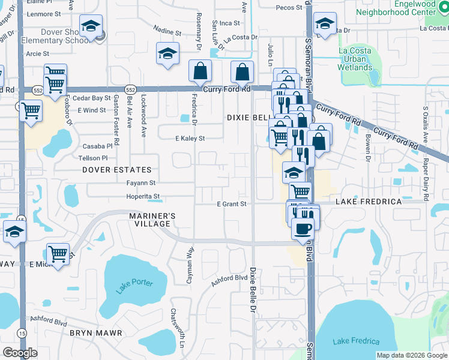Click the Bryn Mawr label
point(96,332)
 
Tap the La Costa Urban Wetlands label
point(355,59)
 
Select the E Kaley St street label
point(190,139)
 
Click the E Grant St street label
point(232,204)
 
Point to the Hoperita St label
point(143,196)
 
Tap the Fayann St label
point(141,183)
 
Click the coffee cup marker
point(302,229)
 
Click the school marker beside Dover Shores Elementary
point(91,27)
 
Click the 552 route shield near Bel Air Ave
point(130,89)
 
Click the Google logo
point(20,353)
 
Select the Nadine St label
point(167,31)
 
